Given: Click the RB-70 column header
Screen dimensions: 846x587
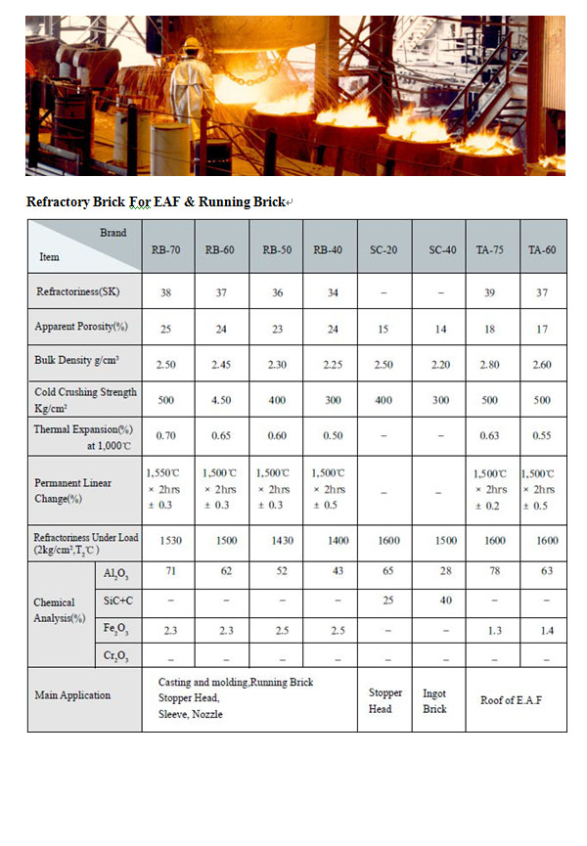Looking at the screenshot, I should (165, 249).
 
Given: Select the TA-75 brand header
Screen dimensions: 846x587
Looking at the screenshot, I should (490, 249).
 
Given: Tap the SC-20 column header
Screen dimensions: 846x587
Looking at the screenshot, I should (384, 249).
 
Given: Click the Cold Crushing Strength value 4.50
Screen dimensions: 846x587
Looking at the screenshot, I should (220, 400).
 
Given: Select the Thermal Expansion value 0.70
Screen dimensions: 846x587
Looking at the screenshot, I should (165, 436).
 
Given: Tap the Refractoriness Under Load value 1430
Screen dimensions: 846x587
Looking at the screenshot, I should (275, 540).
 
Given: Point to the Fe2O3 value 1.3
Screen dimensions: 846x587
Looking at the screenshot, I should (490, 632).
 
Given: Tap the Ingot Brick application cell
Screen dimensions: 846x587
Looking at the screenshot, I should (435, 700).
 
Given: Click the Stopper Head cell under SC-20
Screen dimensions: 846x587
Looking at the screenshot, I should (384, 700).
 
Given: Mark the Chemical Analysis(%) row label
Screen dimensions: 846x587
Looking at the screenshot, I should (61, 609).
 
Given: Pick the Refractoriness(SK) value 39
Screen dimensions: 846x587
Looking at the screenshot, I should (490, 291).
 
